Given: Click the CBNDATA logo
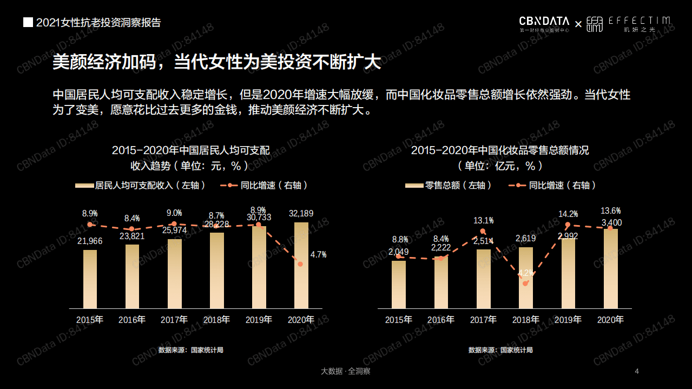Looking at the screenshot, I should tap(544, 22).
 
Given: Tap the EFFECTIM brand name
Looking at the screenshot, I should tap(639, 21).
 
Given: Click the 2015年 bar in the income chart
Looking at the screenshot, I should tap(90, 279).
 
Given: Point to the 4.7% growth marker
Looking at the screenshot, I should tap(300, 264).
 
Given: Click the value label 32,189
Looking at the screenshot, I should tap(301, 214).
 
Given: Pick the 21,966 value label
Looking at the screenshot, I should tap(90, 241).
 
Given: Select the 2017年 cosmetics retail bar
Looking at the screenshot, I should tap(484, 279).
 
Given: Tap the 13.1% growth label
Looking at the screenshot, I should tap(484, 221).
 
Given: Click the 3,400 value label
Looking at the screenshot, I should tap(611, 222).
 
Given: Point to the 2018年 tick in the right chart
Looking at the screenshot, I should tap(526, 320).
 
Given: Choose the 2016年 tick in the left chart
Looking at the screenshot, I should tap(132, 320).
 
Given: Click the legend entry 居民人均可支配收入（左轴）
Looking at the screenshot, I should tap(140, 186).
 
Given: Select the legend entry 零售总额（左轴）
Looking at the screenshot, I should tap(449, 186).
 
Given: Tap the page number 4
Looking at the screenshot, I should tap(637, 371).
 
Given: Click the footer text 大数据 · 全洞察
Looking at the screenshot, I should tap(345, 371).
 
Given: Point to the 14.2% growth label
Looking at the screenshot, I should tap(568, 214).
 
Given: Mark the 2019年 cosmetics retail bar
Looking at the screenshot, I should tap(568, 273).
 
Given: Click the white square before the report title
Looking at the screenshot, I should tap(28, 23).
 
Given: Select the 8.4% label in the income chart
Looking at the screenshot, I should tap(132, 219).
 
